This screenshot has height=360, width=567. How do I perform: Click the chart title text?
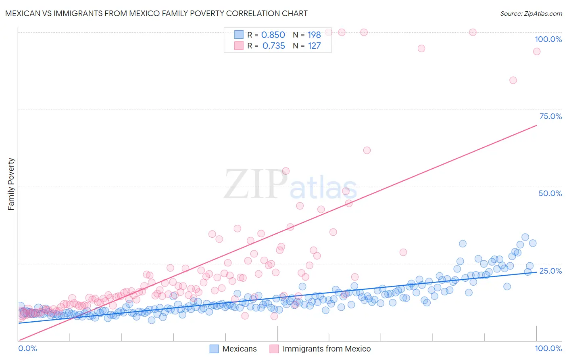pos(156,13)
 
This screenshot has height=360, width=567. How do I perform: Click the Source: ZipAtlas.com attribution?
pos(531,13)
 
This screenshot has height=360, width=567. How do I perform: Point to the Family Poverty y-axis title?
pos(11,184)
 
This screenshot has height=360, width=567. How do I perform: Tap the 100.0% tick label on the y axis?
pos(548,39)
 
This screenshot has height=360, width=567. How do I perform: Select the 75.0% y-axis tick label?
pos(550,116)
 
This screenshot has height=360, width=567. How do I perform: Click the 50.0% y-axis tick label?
pos(550,193)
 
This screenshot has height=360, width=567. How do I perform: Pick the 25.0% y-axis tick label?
pos(550,270)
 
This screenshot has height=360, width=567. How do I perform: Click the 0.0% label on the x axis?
pos(27,348)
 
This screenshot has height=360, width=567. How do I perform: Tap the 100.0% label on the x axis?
pos(548,348)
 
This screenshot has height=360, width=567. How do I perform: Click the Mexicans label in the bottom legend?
pos(240,349)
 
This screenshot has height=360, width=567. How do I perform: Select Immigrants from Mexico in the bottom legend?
pos(326,349)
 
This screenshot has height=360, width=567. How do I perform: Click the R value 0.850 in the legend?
pos(273,35)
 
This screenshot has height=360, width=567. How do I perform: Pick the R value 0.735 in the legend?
pos(273,46)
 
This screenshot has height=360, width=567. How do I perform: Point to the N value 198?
pos(314,35)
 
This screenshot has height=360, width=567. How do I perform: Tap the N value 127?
pos(314,46)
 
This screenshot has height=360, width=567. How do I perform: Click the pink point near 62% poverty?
pos(367,150)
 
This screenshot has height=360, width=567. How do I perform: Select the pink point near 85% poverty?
pos(513,80)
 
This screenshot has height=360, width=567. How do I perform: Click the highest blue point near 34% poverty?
pos(525,237)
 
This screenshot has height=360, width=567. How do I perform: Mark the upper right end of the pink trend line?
pos(536,126)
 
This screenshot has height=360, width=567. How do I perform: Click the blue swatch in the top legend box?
pos(239,35)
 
